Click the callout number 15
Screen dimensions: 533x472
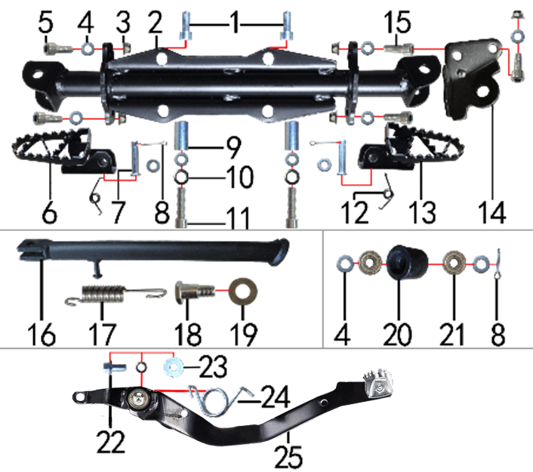coord(397,23)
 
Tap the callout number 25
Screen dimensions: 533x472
coord(288,457)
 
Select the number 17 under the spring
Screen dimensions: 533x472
coord(103,335)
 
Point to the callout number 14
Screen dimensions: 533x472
coord(492,212)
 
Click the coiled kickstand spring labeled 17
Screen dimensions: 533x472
coord(116,294)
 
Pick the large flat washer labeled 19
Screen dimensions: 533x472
coord(243,292)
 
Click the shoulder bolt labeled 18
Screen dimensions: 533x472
coord(195,292)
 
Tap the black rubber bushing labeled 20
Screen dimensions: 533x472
coord(407,263)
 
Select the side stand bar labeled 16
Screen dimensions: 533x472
coord(153,252)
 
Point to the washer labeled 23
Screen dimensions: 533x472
coord(174,367)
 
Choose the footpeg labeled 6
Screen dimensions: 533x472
coord(65,151)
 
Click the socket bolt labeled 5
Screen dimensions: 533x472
coord(58,50)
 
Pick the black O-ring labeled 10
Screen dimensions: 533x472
coord(180,177)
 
